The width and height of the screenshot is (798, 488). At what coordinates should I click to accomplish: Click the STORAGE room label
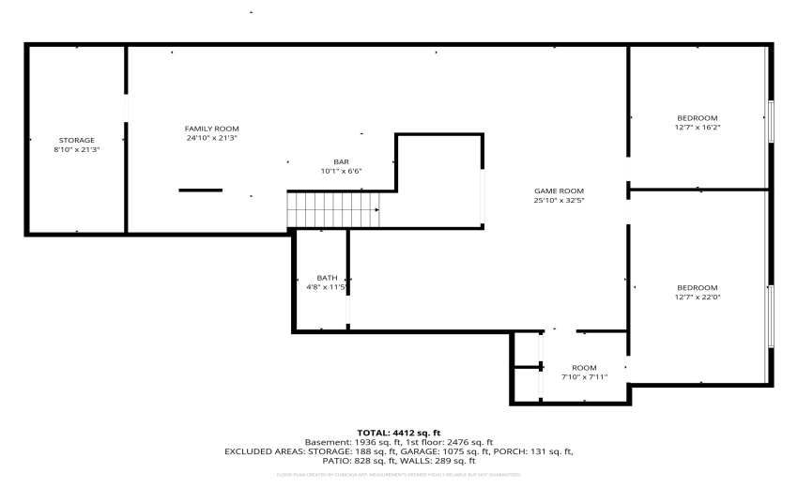77,140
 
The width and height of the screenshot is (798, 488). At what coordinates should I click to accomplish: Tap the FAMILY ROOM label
211,129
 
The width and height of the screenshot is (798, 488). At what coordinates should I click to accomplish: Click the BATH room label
327,278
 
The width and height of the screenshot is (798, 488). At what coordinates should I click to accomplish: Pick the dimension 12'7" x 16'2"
698,127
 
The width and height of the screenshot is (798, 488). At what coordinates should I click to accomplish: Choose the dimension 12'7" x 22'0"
698,297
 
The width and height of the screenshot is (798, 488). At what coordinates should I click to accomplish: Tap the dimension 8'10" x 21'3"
77,149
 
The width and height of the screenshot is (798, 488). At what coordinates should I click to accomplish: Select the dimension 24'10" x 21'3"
211,138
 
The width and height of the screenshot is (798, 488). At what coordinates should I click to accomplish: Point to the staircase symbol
334,208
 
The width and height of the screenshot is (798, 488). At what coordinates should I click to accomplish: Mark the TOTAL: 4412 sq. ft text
399,433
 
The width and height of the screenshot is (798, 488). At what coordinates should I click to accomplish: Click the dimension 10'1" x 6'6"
341,171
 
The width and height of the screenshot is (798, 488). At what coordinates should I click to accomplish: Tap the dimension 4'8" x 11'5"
327,287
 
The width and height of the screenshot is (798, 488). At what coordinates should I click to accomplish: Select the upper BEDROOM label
698,117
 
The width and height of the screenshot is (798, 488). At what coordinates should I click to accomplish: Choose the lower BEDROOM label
698,287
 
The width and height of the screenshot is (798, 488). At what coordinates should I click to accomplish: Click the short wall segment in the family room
201,191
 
